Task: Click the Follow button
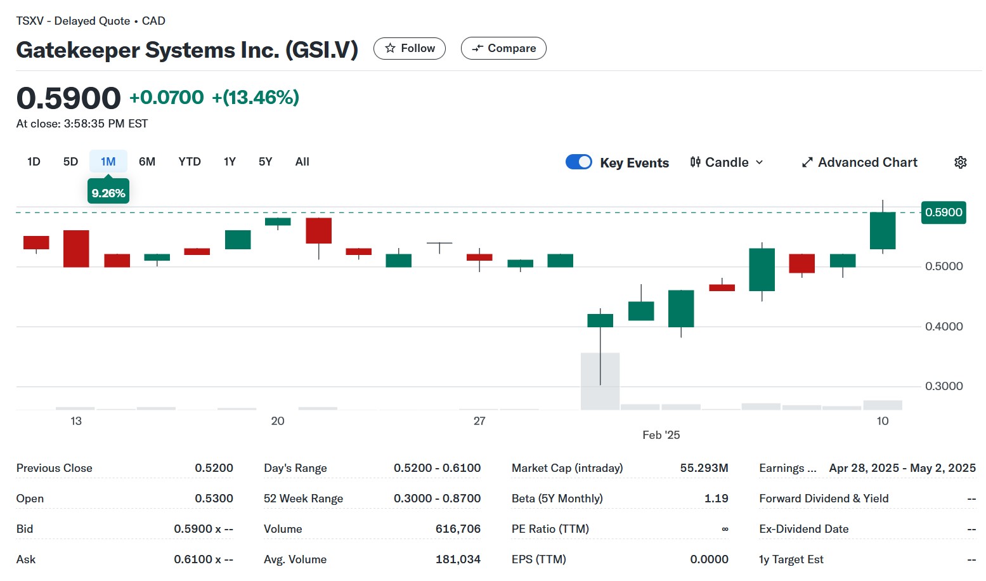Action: [410, 48]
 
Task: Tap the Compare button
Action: [503, 48]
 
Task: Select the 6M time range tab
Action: [147, 162]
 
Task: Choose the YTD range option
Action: [190, 162]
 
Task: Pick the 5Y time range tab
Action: [265, 162]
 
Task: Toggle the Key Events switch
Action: [579, 162]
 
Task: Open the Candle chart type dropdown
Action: [727, 162]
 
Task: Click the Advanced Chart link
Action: [860, 162]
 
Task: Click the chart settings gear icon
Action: [961, 162]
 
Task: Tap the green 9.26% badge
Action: [108, 193]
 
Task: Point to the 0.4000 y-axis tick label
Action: [944, 327]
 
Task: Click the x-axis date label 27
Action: [479, 421]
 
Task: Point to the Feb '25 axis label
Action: [661, 435]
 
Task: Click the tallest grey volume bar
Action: [600, 381]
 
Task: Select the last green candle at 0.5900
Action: [883, 230]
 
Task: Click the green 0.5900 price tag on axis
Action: [944, 212]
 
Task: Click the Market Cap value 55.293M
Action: [704, 468]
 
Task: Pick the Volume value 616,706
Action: [458, 529]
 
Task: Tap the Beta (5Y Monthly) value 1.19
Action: [716, 499]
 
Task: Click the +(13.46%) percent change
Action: [256, 98]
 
